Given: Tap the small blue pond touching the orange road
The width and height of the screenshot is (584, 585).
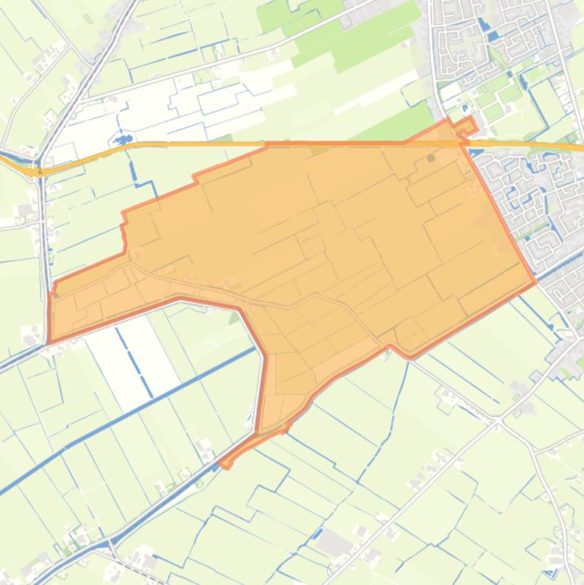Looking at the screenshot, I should click(121, 141).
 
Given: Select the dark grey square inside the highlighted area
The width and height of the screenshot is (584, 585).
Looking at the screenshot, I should click(431, 158).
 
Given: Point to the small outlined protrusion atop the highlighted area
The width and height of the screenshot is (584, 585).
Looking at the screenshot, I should click(467, 126).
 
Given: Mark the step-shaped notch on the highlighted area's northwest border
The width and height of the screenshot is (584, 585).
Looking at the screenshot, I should click(196, 179).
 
